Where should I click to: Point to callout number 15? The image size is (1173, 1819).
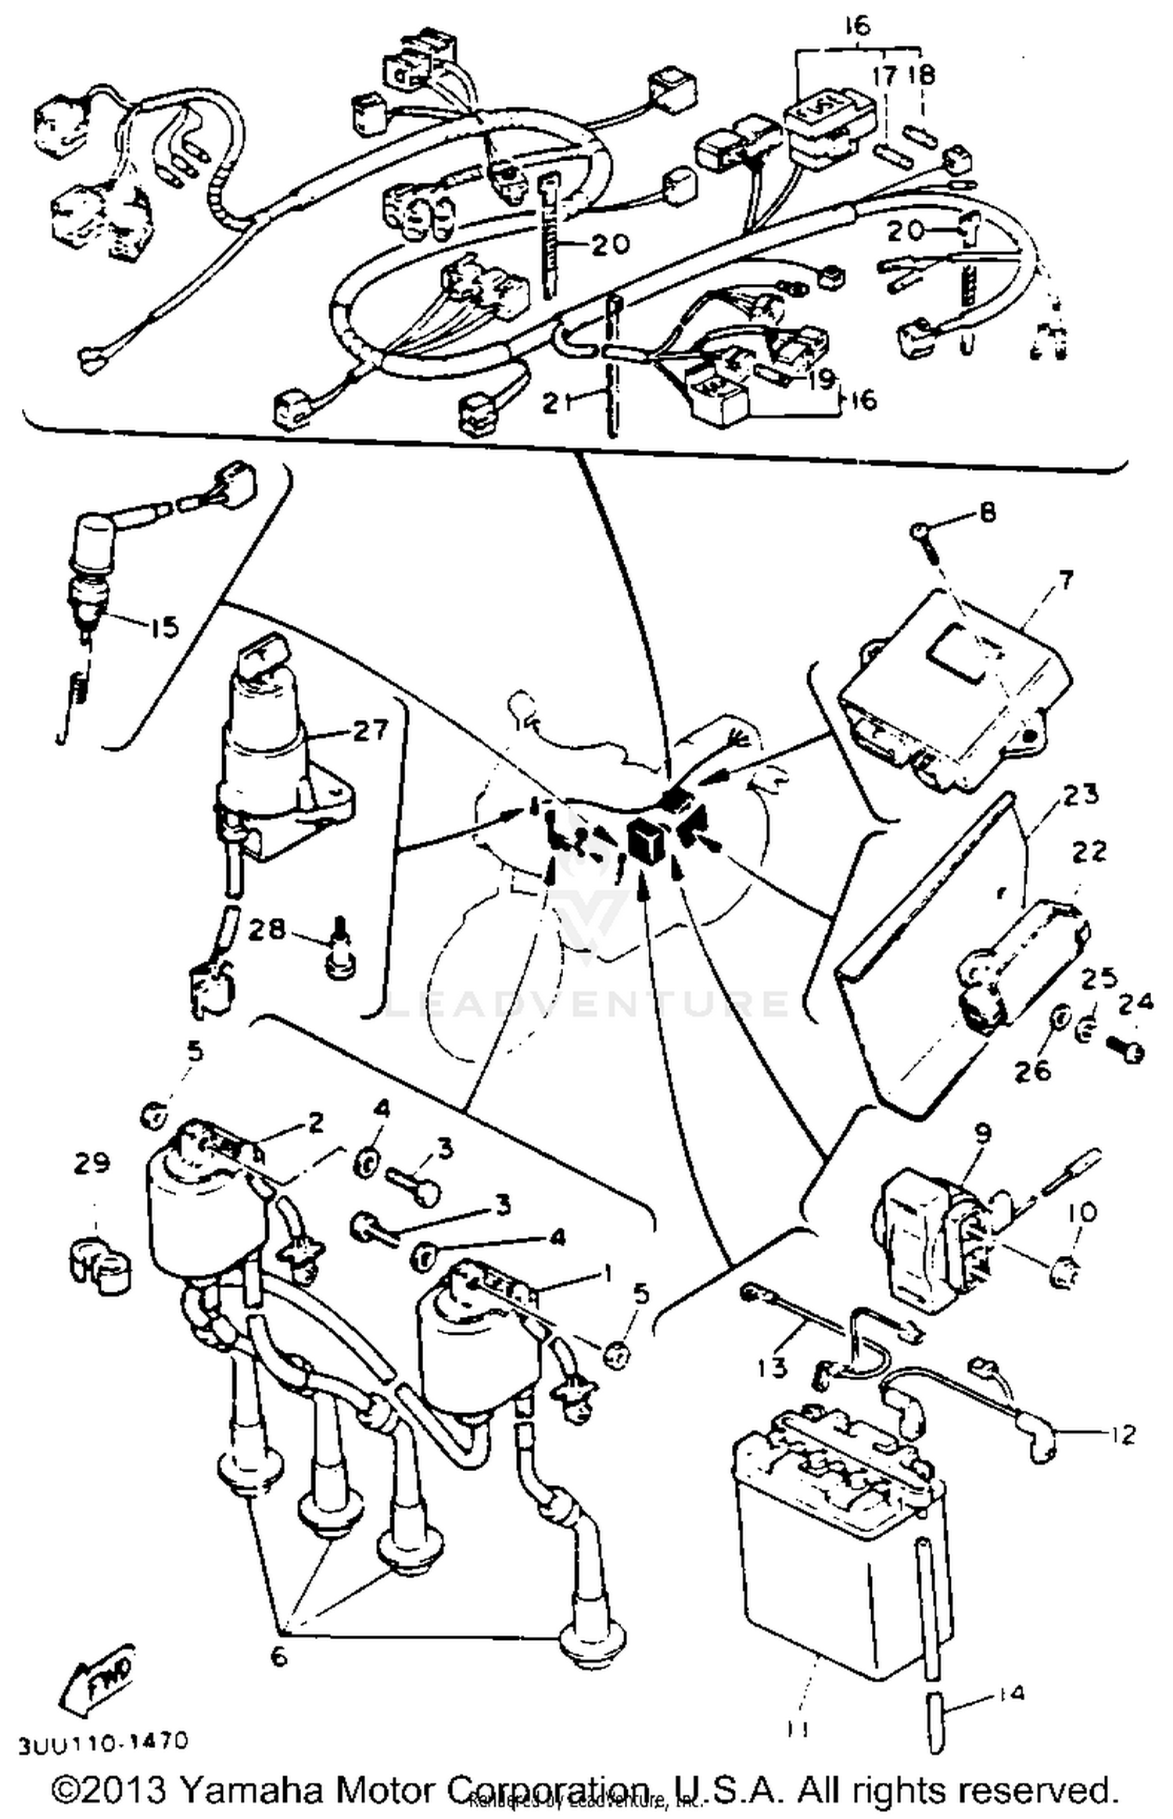point(164,627)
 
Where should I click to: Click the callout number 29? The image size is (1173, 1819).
point(91,1163)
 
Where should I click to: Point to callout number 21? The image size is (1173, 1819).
point(554,403)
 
